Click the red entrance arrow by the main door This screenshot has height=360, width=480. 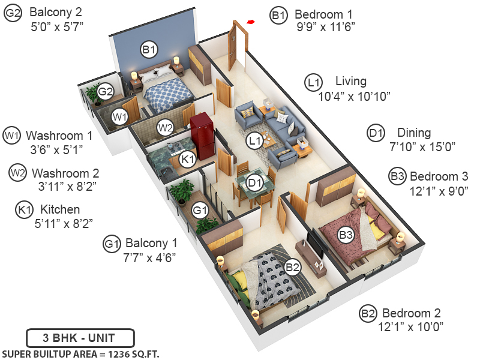tap(250, 23)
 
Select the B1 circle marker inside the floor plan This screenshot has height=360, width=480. tap(149, 49)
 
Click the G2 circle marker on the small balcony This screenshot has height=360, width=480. tap(106, 91)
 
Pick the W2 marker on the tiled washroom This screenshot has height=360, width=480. tap(166, 127)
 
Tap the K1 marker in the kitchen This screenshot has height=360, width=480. tap(188, 159)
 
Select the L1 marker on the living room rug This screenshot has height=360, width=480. tap(255, 140)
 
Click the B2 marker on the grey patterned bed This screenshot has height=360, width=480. tap(292, 268)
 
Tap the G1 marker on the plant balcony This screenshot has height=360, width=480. tap(200, 210)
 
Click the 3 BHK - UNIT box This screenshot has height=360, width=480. tap(80, 337)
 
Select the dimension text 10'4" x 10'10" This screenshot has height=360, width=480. tap(355, 95)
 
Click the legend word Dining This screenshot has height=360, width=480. tap(414, 133)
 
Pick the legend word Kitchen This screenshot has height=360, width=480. tap(59, 209)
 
